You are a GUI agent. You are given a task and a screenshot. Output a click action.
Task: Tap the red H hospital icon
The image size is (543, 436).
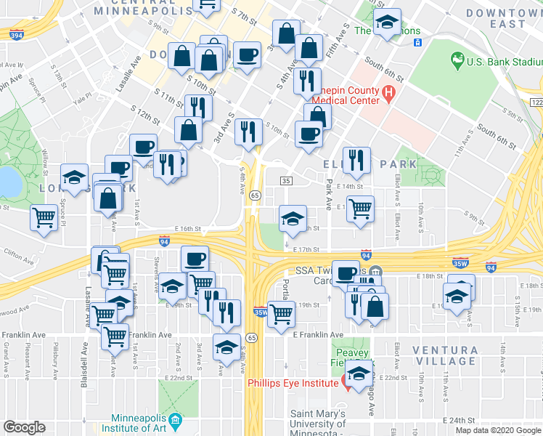[x=388, y=93]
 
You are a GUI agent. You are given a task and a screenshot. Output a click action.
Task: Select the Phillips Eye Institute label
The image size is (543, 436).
[x=291, y=383]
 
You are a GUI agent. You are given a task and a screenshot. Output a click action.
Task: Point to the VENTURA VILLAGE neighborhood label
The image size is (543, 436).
[x=445, y=355]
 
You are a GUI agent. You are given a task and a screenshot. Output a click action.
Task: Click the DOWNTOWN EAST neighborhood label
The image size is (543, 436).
[x=506, y=18]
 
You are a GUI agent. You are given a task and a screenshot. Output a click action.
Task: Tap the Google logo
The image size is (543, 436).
[x=25, y=427]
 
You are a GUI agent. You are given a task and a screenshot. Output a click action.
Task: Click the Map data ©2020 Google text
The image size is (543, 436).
[x=497, y=430]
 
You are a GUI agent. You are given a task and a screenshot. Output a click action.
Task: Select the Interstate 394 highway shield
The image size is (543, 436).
[x=16, y=34]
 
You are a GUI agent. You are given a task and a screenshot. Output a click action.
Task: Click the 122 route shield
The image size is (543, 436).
[x=537, y=103]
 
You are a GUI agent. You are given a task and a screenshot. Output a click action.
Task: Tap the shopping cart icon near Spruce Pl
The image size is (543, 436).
[x=44, y=217]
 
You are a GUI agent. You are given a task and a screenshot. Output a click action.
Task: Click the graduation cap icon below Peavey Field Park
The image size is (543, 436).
[x=357, y=375]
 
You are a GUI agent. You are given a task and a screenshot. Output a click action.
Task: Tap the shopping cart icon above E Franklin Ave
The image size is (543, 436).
[x=281, y=314]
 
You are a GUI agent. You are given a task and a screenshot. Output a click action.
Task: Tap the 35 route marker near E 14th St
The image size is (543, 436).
[x=286, y=180]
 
